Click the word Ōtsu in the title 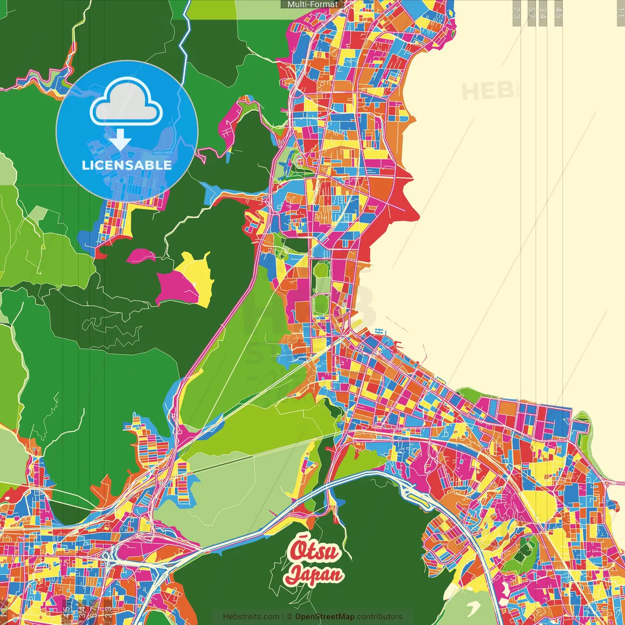click(x=313, y=551)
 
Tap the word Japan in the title click(x=313, y=574)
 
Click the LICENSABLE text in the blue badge click(x=126, y=165)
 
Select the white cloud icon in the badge click(x=126, y=104)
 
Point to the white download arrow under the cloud click(x=120, y=141)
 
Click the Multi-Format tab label click(x=312, y=4)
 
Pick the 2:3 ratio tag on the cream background click(x=516, y=13)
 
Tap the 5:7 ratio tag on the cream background click(x=532, y=13)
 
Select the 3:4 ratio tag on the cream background click(x=543, y=13)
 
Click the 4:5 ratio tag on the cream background click(x=558, y=13)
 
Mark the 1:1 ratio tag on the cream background click(x=620, y=12)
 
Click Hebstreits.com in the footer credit click(x=251, y=617)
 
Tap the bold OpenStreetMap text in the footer click(x=324, y=617)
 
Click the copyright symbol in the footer click(x=289, y=617)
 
